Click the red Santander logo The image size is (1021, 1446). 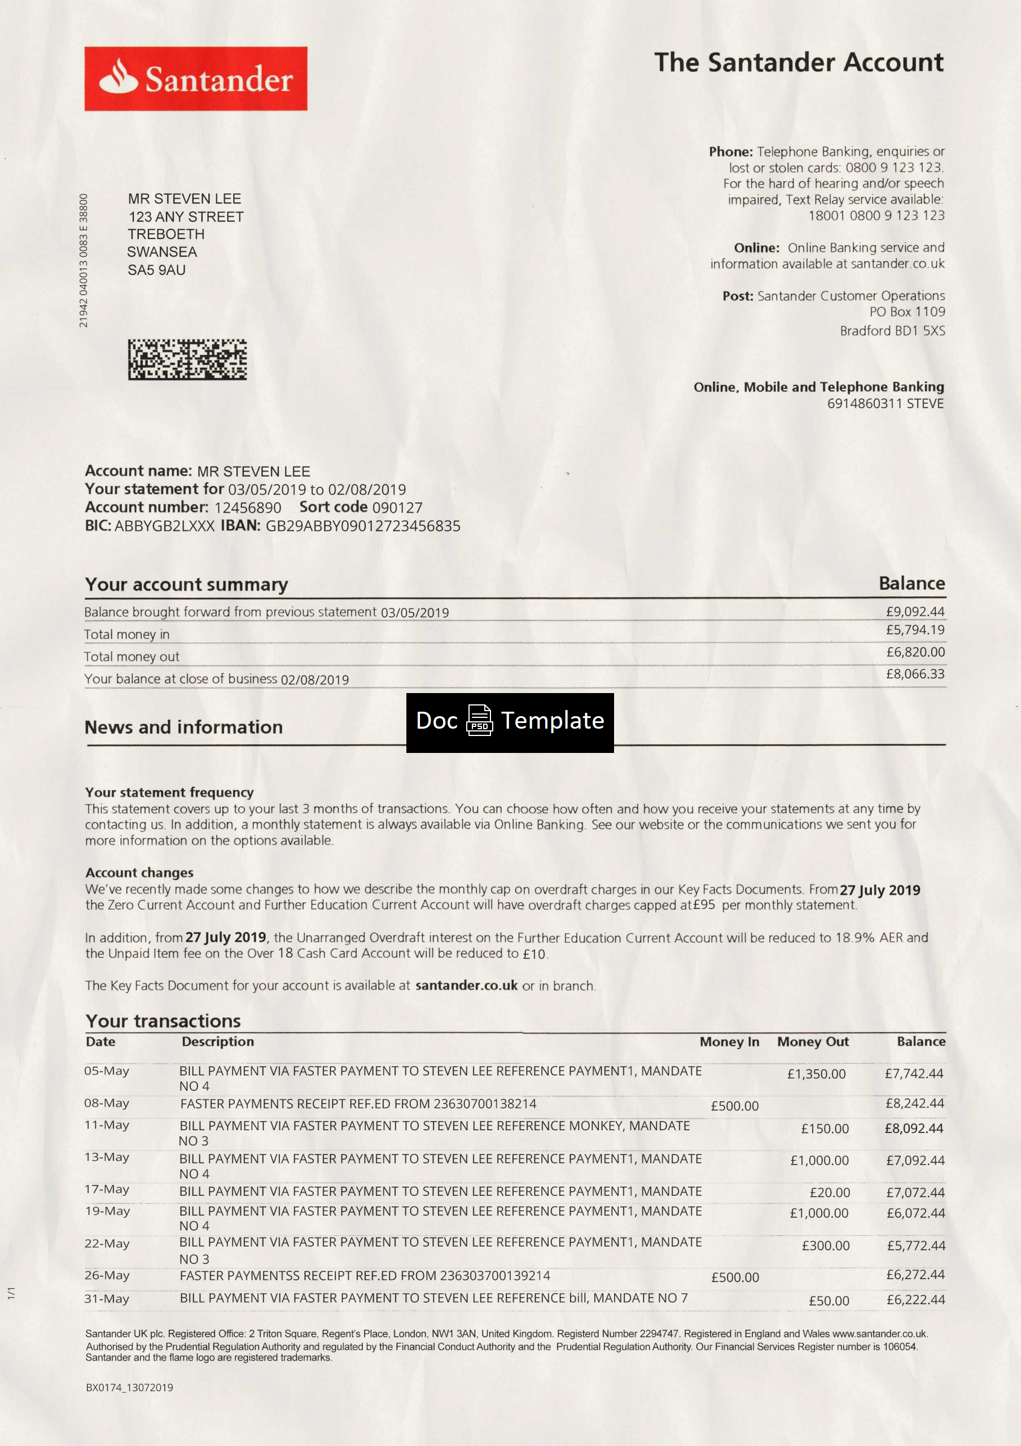pyautogui.click(x=196, y=79)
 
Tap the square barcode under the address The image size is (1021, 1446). pyautogui.click(x=187, y=360)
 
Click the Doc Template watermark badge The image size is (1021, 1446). pyautogui.click(x=510, y=722)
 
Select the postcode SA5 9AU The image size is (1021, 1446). pyautogui.click(x=157, y=270)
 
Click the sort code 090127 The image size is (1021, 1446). pyautogui.click(x=397, y=508)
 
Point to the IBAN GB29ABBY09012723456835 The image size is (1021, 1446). pyautogui.click(x=362, y=526)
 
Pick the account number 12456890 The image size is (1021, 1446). pyautogui.click(x=247, y=508)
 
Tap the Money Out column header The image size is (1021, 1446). pyautogui.click(x=813, y=1042)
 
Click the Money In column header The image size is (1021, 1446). pyautogui.click(x=729, y=1042)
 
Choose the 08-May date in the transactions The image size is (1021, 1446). pyautogui.click(x=107, y=1103)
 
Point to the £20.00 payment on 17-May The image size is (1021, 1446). pyautogui.click(x=830, y=1192)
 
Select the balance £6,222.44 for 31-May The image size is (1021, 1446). pyautogui.click(x=915, y=1299)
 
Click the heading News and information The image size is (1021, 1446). pyautogui.click(x=184, y=728)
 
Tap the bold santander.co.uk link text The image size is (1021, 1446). pyautogui.click(x=466, y=986)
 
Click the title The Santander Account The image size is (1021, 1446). pyautogui.click(x=799, y=62)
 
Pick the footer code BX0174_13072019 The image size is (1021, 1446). pyautogui.click(x=129, y=1387)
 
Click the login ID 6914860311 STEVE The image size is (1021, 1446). pyautogui.click(x=885, y=404)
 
